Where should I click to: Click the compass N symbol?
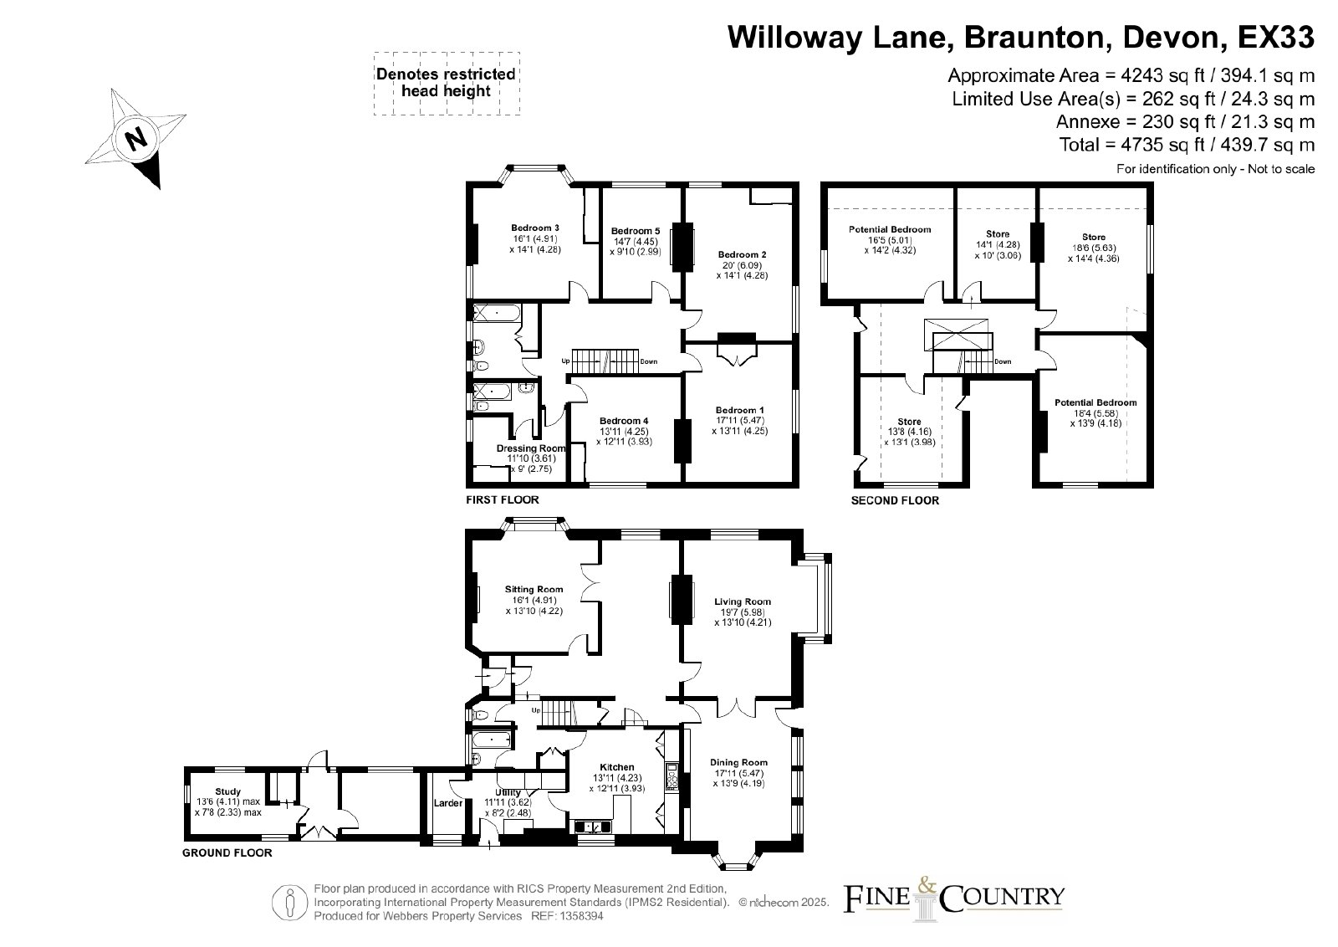[136, 139]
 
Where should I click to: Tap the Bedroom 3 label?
[535, 228]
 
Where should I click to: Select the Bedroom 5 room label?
[636, 231]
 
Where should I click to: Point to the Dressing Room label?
[531, 448]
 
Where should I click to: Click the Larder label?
[448, 803]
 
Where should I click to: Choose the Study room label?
[228, 791]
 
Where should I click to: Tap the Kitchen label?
[617, 767]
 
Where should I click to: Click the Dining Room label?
[739, 762]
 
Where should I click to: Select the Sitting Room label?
[534, 589]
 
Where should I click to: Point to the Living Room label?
[743, 601]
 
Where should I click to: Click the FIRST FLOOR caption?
[503, 499]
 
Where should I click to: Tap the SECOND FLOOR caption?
[895, 500]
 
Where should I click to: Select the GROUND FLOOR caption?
[227, 853]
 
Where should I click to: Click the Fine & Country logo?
[953, 898]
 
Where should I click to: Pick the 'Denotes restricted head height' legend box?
[447, 83]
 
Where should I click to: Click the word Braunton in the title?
[1034, 37]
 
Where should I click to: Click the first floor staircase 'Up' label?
[565, 361]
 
